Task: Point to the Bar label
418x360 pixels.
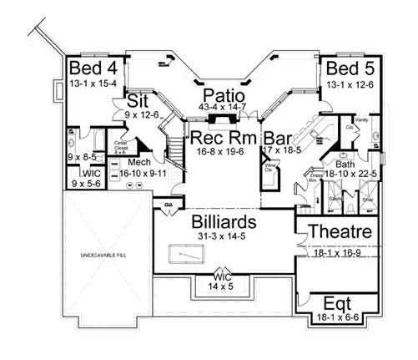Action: [x=278, y=137]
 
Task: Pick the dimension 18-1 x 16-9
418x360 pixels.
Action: [x=339, y=250]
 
